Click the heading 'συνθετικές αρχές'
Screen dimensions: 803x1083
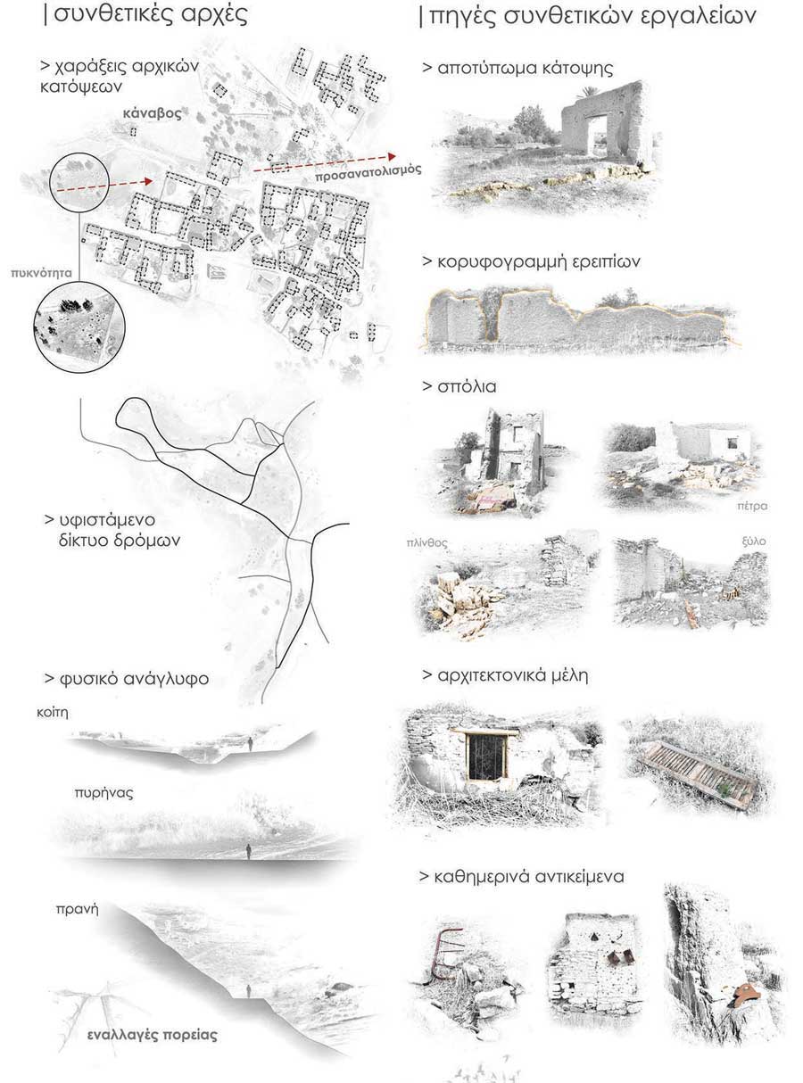(x=151, y=14)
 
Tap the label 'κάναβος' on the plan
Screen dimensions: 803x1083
(x=153, y=114)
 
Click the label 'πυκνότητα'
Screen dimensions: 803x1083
(x=42, y=273)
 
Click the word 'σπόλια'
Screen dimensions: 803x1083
(x=467, y=386)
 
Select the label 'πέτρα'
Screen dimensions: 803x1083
(x=752, y=506)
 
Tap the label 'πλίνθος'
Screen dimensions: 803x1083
(x=426, y=543)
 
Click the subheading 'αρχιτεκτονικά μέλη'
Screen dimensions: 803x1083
(x=513, y=676)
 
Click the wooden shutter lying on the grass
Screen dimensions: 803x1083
(x=700, y=773)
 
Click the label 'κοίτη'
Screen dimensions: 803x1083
(x=53, y=713)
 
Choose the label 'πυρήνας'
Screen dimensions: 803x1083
(x=103, y=793)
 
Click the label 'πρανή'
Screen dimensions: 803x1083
(x=77, y=910)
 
